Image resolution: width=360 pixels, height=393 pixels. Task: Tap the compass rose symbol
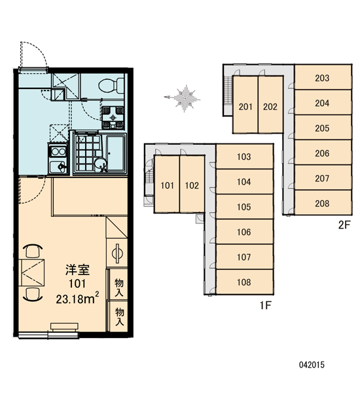(183, 98)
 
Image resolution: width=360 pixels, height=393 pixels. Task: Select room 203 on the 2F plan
(323, 77)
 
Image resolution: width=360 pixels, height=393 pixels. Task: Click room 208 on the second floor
(323, 203)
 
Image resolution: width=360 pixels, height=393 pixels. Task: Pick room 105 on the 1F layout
(244, 206)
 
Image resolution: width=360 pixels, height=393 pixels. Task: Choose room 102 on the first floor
(192, 185)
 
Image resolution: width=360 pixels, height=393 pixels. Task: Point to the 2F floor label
(344, 225)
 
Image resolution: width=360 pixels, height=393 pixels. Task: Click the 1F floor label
(265, 305)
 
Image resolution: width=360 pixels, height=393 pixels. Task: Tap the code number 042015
(312, 365)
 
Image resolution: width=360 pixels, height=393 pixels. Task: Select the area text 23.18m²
(77, 299)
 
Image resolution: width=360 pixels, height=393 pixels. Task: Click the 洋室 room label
(77, 270)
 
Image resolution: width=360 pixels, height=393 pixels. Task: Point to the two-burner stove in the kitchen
(58, 152)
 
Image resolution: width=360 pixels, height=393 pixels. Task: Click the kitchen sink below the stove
(58, 166)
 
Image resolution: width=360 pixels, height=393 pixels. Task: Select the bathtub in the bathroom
(116, 153)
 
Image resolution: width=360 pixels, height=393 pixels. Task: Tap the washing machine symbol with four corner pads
(113, 117)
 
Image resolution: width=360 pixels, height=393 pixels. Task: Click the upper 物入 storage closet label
(119, 288)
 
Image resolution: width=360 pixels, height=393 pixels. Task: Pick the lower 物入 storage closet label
(120, 316)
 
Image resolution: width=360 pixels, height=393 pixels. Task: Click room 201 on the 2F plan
(245, 106)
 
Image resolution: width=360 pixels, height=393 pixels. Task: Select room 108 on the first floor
(244, 282)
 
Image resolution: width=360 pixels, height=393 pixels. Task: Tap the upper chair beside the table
(33, 251)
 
